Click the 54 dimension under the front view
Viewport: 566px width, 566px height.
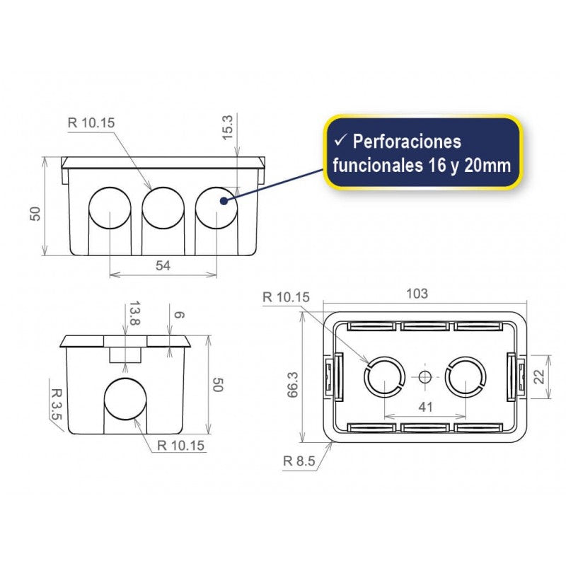[163, 265]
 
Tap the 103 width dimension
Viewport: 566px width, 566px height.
[418, 294]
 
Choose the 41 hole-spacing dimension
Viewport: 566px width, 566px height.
[424, 408]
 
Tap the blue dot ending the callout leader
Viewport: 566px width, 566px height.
[224, 201]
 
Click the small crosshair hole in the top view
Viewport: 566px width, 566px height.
[424, 377]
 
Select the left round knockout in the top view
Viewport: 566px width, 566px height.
[384, 377]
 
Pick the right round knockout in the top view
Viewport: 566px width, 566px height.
[466, 377]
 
